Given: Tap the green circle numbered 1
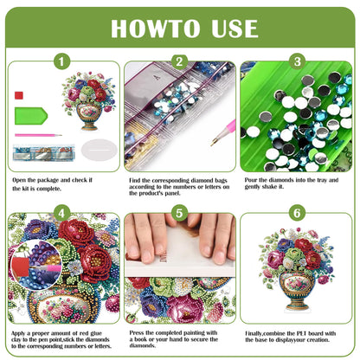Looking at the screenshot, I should pos(61,61).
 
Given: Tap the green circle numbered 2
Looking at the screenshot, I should pos(179,61).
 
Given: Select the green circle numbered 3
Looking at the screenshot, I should pos(297,61).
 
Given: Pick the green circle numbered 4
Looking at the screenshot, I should pos(61,212).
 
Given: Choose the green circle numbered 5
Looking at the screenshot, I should pos(179,212).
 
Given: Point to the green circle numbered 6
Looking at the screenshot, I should pos(297,212).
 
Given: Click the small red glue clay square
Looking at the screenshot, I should pos(18,93).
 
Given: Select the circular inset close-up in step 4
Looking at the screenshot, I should pos(35,258).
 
